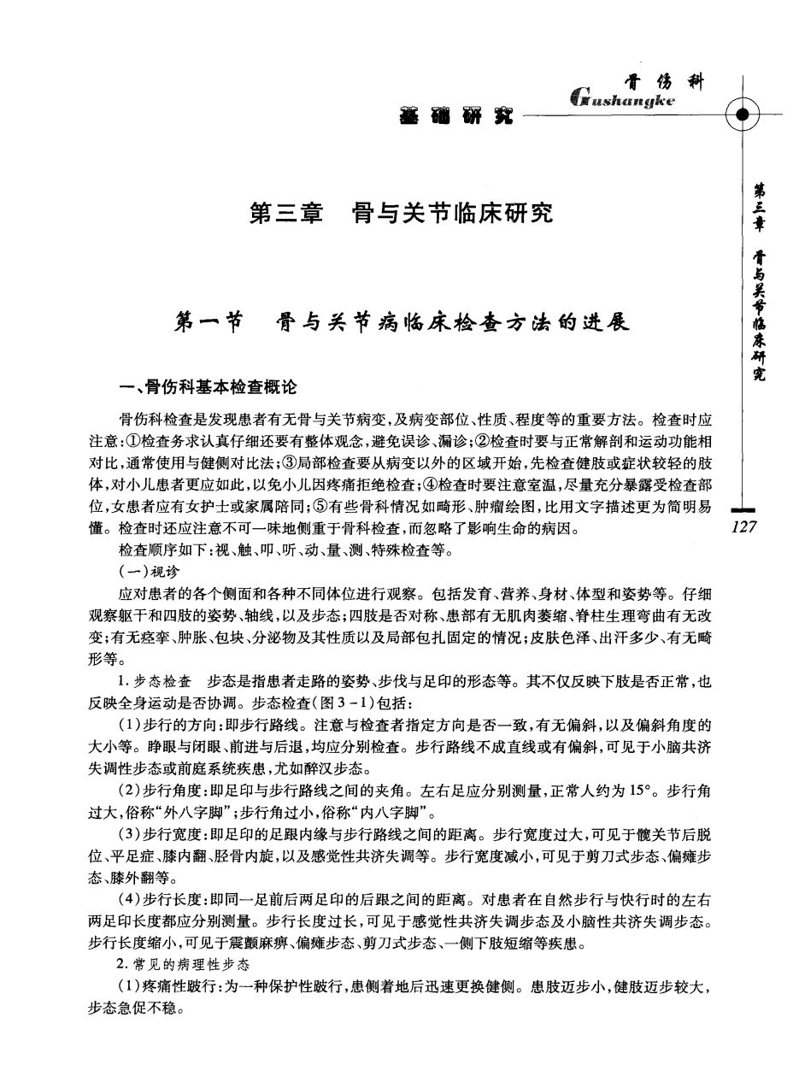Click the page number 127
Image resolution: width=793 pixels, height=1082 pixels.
coord(745,527)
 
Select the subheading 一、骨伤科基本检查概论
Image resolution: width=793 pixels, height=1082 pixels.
coord(209,387)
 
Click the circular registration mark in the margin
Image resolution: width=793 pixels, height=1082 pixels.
coord(742,115)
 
